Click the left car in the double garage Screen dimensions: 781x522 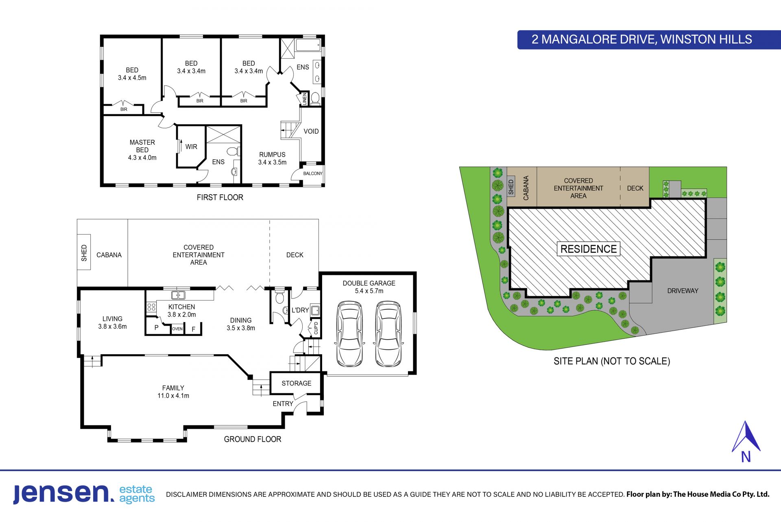pyautogui.click(x=350, y=334)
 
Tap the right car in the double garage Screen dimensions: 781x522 pyautogui.click(x=388, y=334)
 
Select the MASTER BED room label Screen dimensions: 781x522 pyautogui.click(x=142, y=146)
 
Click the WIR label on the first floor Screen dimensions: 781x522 pyautogui.click(x=191, y=147)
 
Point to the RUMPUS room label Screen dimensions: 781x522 pyautogui.click(x=272, y=155)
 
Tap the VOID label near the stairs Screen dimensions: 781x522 pyautogui.click(x=311, y=132)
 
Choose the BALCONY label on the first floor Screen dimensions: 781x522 pyautogui.click(x=313, y=173)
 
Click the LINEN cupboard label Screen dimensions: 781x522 pyautogui.click(x=305, y=99)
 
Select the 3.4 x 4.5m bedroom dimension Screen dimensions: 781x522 pyautogui.click(x=132, y=78)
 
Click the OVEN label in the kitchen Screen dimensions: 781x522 pyautogui.click(x=177, y=329)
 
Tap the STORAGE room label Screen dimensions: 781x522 pyautogui.click(x=297, y=384)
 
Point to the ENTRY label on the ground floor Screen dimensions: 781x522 pyautogui.click(x=283, y=404)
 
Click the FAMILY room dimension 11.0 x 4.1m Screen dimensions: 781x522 pyautogui.click(x=173, y=396)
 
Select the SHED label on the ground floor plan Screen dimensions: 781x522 pyautogui.click(x=84, y=253)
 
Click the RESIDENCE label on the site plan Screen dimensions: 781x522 pyautogui.click(x=589, y=249)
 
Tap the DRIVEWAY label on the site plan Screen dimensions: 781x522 pyautogui.click(x=683, y=291)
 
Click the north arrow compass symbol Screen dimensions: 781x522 pyautogui.click(x=746, y=441)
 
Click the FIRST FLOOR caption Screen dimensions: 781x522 pyautogui.click(x=220, y=197)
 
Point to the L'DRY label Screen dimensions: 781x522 pyautogui.click(x=300, y=310)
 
